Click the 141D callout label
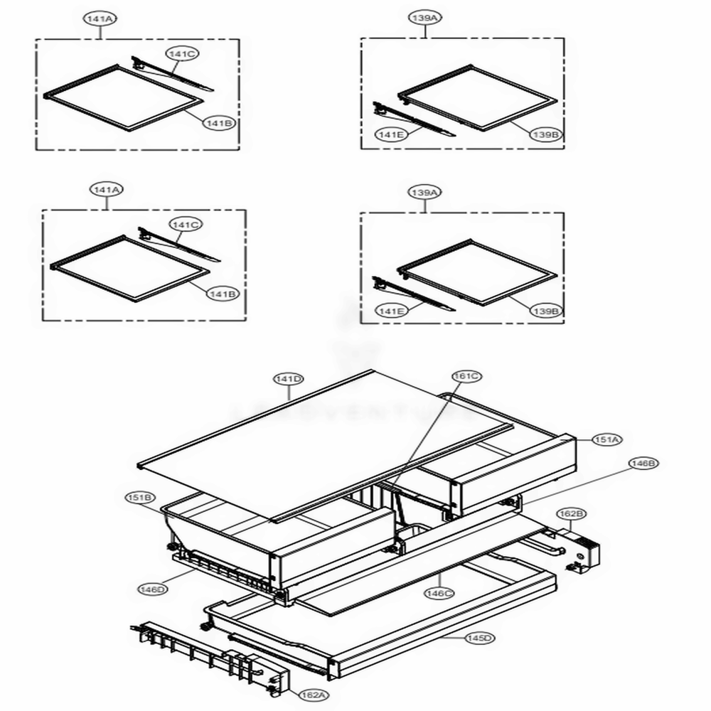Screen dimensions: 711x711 (x=289, y=379)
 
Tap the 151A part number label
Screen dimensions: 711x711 (x=606, y=440)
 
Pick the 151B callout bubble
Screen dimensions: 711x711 (x=139, y=497)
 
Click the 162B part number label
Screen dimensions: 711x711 (x=571, y=512)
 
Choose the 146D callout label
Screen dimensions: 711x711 (x=153, y=589)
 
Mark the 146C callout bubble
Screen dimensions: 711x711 (x=439, y=593)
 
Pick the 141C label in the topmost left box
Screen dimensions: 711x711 (x=182, y=53)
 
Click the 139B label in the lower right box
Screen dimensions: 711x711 (x=544, y=311)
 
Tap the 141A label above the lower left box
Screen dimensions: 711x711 (x=107, y=190)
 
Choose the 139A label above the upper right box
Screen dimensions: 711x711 (x=424, y=20)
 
